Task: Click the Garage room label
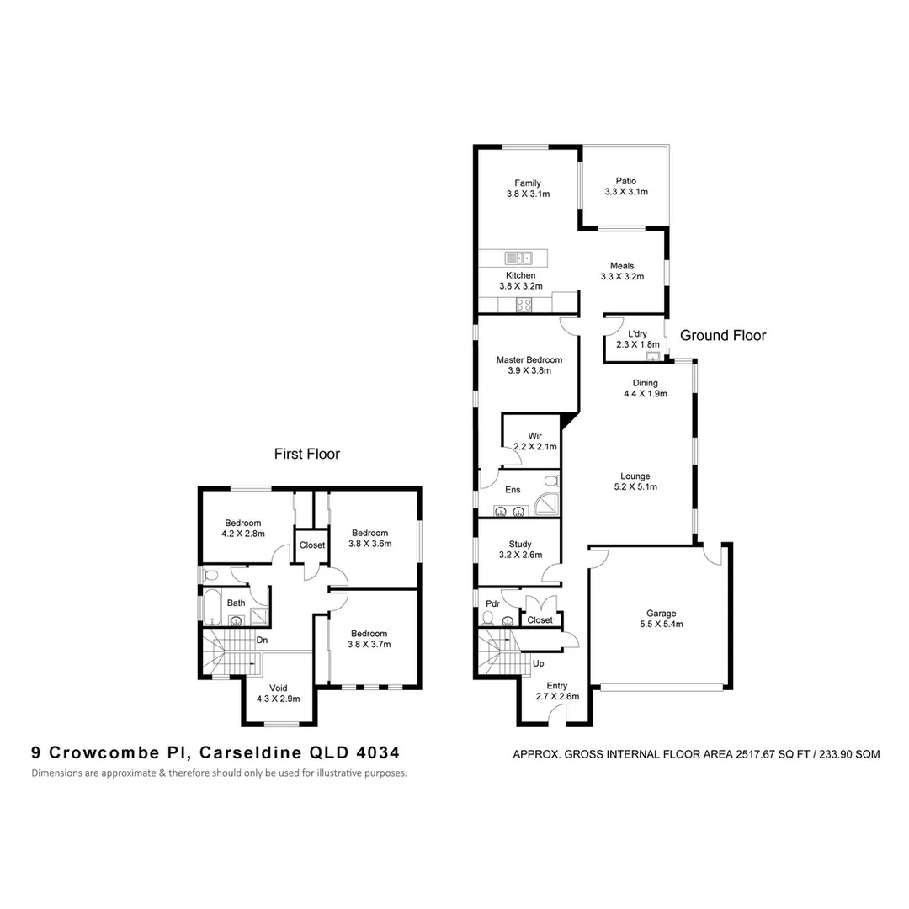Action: click(x=661, y=614)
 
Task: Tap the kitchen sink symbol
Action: click(x=518, y=258)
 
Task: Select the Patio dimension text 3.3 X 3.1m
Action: click(x=625, y=192)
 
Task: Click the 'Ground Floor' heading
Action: click(x=723, y=336)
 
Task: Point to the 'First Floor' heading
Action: click(x=307, y=454)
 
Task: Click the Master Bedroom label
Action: click(x=529, y=359)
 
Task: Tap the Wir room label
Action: click(x=534, y=435)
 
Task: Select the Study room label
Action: click(x=519, y=544)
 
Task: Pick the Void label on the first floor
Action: click(x=278, y=688)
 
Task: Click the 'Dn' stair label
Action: click(x=263, y=640)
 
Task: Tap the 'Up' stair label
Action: click(x=539, y=663)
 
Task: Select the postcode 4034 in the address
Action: click(x=378, y=752)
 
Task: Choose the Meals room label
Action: click(x=622, y=266)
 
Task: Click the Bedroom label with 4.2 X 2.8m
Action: click(x=242, y=523)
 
